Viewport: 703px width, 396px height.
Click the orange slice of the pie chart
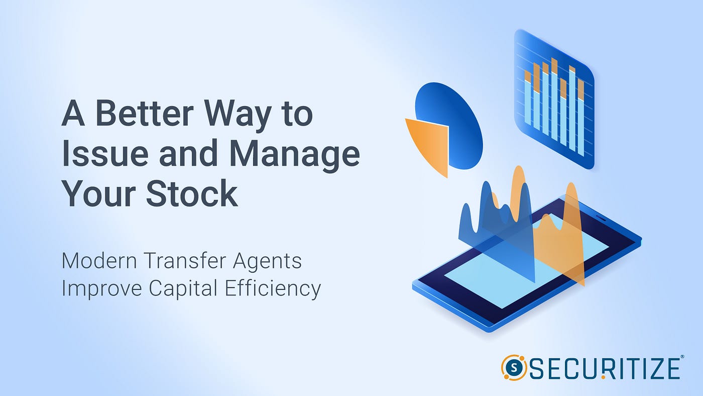coord(429,143)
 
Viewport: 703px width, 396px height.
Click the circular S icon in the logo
coord(513,367)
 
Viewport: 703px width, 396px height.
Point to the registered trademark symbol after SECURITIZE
coord(681,357)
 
